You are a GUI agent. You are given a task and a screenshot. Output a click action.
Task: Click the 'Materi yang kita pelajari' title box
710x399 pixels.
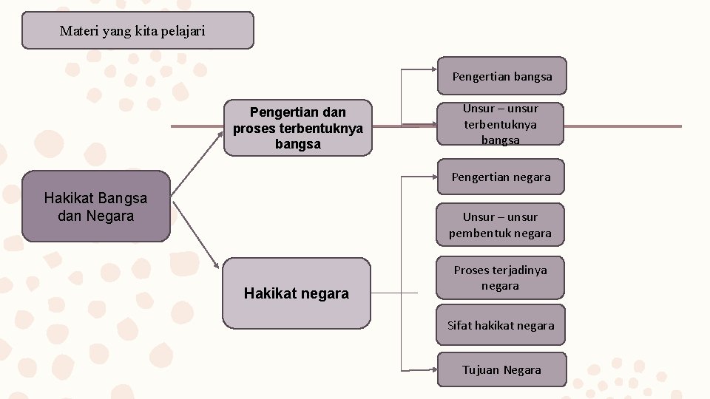[x=138, y=30]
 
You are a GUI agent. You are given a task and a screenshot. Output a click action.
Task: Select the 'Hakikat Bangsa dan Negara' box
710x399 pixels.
[x=96, y=207]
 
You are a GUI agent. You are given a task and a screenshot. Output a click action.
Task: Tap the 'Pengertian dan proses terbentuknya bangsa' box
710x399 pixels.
[x=297, y=128]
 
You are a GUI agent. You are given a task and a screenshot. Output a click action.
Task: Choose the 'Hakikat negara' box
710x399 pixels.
[x=296, y=293]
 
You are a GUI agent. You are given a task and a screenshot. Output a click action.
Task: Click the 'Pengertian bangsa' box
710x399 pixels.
[x=501, y=76]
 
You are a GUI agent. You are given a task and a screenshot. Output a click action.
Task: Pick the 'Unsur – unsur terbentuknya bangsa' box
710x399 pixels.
[x=500, y=124]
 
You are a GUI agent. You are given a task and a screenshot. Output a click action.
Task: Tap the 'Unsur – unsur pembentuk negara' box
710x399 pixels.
[x=500, y=225]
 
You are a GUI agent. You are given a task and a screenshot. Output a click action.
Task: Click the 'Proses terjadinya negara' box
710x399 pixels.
[x=500, y=278]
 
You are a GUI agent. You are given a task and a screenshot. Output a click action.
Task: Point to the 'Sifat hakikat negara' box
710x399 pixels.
[x=500, y=325]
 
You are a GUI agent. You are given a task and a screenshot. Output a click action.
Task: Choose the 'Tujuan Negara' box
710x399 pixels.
[x=501, y=369]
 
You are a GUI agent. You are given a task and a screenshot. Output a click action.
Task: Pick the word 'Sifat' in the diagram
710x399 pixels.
[x=459, y=325]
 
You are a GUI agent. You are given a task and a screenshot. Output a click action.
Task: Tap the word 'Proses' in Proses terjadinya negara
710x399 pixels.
[x=471, y=270]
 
